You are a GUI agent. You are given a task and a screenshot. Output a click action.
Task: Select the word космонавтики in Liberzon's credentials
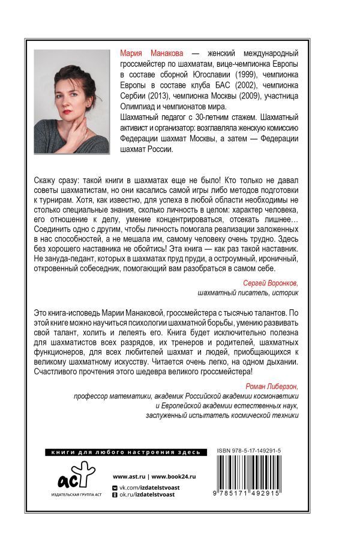coord(277,398)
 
